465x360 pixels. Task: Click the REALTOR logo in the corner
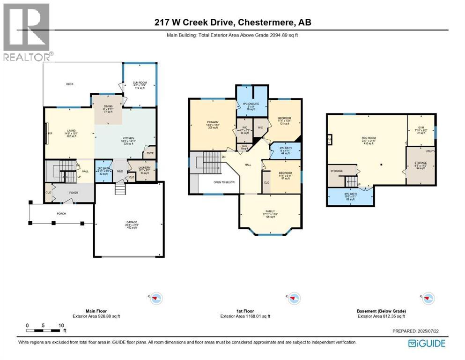[x=26, y=32]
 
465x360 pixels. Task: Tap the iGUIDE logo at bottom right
[x=426, y=343]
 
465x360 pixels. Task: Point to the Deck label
[x=70, y=84]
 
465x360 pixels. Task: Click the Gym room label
[x=421, y=130]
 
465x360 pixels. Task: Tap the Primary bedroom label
[x=213, y=124]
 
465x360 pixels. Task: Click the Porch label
[x=62, y=213]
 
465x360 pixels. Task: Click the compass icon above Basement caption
[x=428, y=297]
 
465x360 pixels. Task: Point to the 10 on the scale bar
[x=61, y=325]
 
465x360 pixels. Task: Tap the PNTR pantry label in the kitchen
[x=150, y=153]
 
